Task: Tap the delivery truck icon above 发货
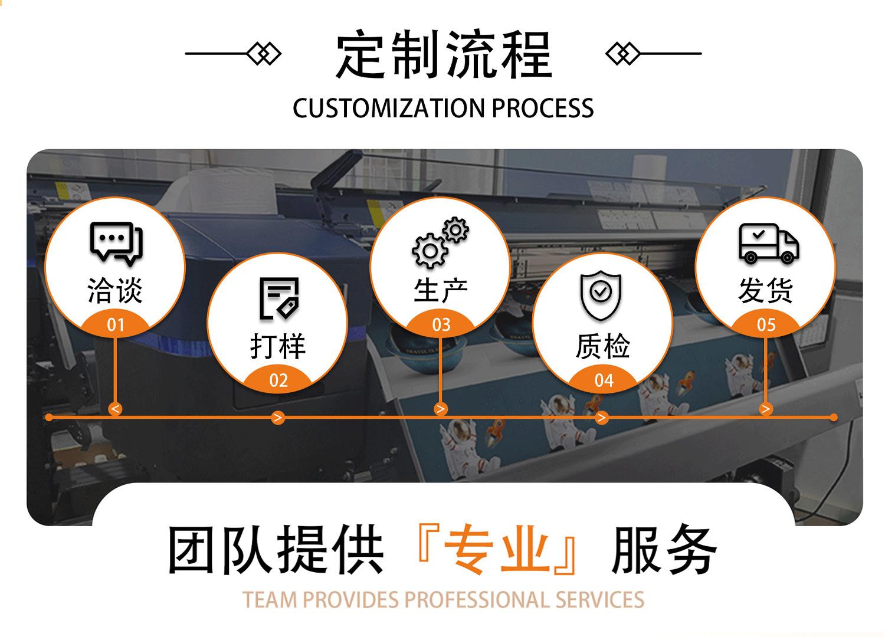point(768,243)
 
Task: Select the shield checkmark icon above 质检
point(601,294)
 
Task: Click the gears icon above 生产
point(440,242)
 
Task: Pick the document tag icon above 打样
point(279,298)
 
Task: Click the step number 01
point(116,325)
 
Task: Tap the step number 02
point(278,380)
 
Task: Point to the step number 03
point(441,325)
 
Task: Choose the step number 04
point(604,380)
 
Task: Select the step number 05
point(766,325)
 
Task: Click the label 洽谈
point(116,291)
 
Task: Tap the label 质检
point(603,346)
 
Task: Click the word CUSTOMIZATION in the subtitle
point(388,109)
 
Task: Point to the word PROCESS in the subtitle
point(543,109)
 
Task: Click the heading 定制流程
point(444,55)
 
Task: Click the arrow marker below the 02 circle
point(278,418)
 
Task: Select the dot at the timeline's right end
point(833,418)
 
